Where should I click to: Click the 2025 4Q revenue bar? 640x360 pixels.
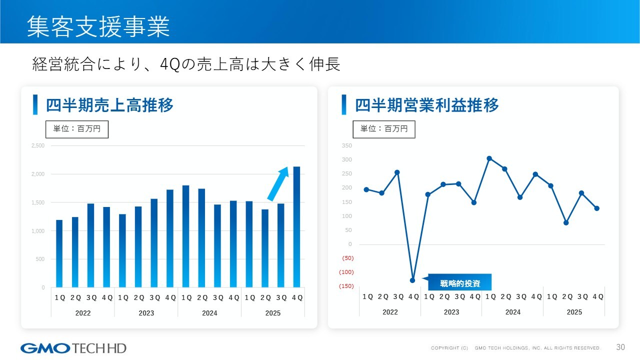[296, 227]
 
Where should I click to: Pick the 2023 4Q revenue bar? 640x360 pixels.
[170, 239]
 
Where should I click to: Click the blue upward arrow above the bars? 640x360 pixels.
[278, 183]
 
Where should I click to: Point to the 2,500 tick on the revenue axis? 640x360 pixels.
[38, 146]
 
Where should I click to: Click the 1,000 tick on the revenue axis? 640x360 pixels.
[38, 231]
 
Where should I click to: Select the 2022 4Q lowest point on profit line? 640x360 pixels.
[412, 280]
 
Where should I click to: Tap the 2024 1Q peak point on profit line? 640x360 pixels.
[489, 158]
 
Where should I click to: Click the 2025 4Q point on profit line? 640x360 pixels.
[596, 208]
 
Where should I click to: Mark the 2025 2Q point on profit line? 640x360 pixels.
[566, 222]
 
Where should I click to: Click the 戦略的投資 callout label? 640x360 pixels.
[460, 283]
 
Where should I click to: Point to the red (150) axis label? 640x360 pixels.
[347, 286]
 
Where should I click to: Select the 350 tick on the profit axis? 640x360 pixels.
[347, 146]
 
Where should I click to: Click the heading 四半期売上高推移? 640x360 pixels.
[109, 105]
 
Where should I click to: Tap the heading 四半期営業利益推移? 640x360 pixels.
[426, 105]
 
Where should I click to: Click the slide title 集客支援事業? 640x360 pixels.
[98, 26]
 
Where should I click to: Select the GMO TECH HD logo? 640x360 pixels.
[73, 347]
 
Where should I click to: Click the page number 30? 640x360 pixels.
[621, 347]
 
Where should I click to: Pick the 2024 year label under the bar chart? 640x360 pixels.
[209, 313]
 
